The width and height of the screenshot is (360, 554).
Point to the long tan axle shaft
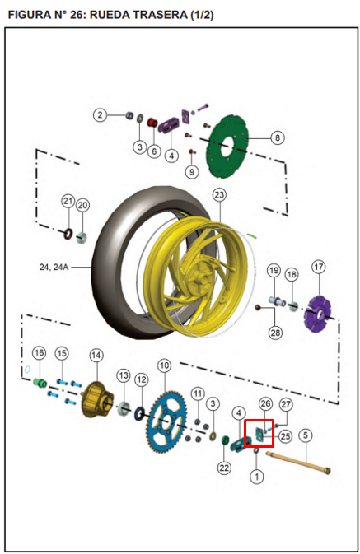[x=298, y=462]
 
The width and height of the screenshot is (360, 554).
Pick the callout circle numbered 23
[x=219, y=194]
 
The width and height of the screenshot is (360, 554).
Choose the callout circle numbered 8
[x=278, y=137]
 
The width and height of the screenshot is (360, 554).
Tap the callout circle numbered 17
[x=319, y=267]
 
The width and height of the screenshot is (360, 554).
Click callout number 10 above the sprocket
[x=164, y=365]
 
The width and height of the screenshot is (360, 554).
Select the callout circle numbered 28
[x=275, y=333]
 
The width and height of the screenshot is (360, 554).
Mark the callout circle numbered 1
[x=257, y=477]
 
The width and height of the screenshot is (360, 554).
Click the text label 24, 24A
[x=54, y=267]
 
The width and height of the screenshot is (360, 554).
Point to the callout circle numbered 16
[x=40, y=352]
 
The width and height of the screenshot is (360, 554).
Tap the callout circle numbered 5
[x=306, y=435]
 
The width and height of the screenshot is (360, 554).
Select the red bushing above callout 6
[x=152, y=123]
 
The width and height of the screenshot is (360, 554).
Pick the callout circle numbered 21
[x=68, y=201]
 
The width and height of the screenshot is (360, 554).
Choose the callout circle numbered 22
[x=224, y=468]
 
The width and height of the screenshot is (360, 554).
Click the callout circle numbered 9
[x=192, y=172]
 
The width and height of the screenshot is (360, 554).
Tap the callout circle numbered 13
[x=124, y=375]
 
